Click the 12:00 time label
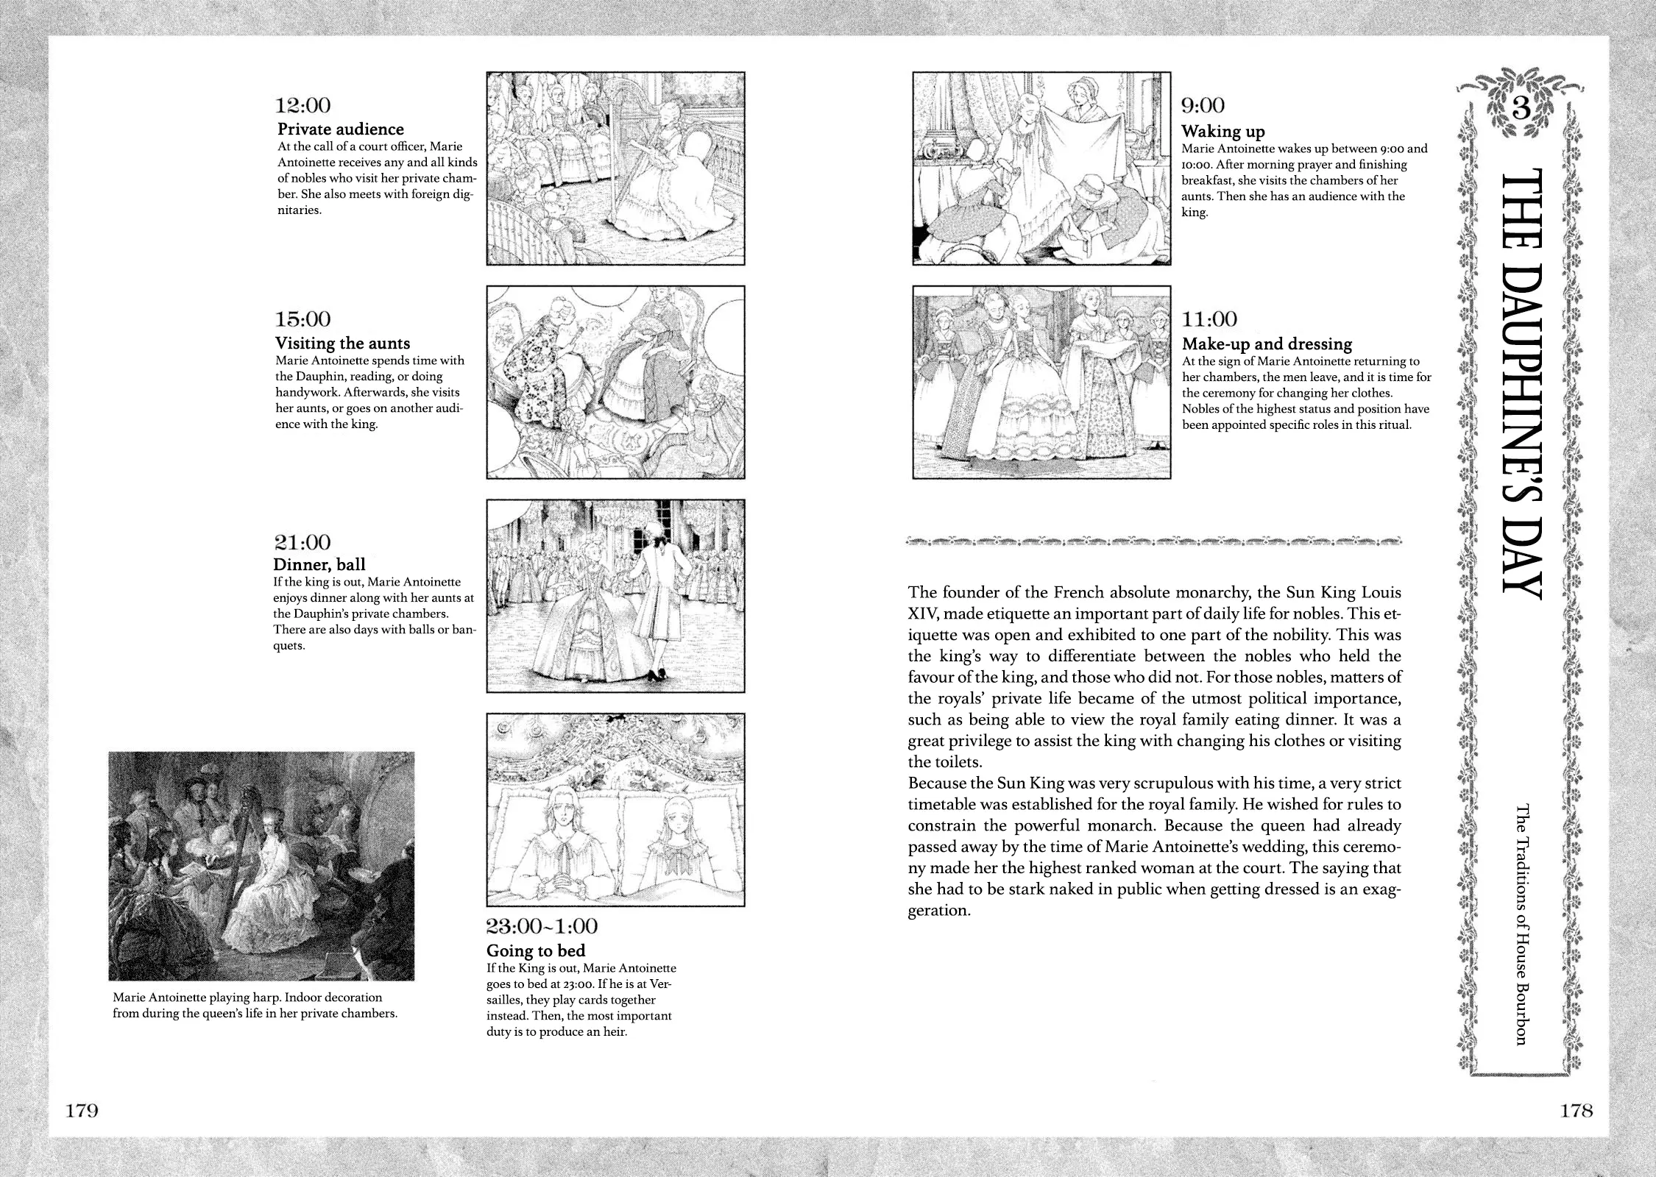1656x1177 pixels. tap(302, 106)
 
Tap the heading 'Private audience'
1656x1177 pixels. tap(340, 129)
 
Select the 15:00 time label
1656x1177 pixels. tap(302, 319)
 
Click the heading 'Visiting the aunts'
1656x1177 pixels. tap(342, 344)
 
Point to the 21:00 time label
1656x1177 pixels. tap(302, 543)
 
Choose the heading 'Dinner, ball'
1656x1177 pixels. tap(319, 565)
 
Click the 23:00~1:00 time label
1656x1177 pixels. tap(542, 926)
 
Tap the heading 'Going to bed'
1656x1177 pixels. tap(535, 950)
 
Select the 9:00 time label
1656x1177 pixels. tap(1203, 106)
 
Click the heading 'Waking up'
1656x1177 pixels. tap(1222, 132)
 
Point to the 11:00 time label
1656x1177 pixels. tap(1209, 319)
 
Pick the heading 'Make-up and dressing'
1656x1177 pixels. tap(1267, 344)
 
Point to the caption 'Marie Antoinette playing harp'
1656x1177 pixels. tap(247, 1005)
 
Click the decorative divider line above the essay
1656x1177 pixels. tap(1154, 543)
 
